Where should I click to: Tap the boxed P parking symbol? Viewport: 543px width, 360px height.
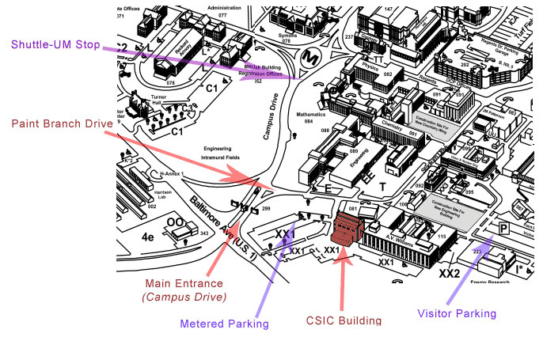coord(504,229)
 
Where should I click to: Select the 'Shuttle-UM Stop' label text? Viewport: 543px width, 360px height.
coord(54,44)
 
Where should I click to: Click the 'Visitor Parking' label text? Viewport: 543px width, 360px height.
coord(457,313)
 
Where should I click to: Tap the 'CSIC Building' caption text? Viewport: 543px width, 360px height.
coord(344,320)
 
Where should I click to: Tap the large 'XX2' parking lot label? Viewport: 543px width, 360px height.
coord(450,274)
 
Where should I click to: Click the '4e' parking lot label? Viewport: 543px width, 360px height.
coord(147,236)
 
